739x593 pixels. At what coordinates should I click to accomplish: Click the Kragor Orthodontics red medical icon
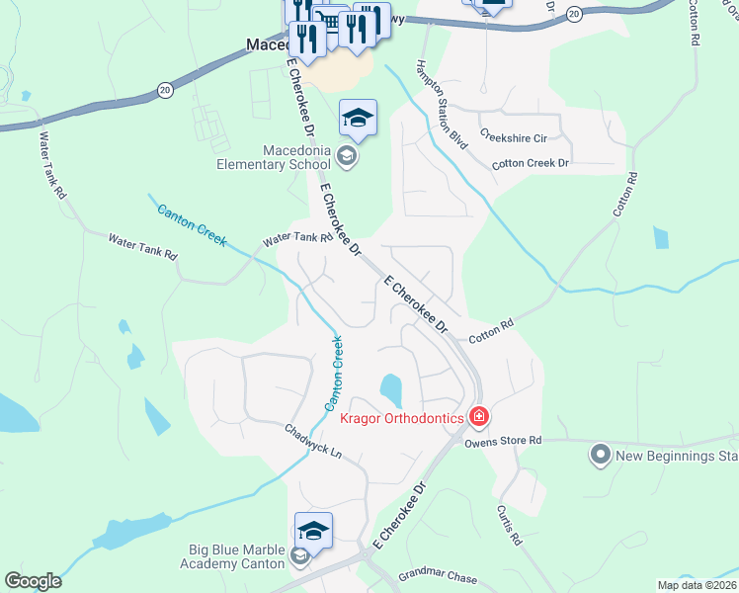tap(479, 417)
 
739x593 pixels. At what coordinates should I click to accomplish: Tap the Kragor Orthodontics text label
tap(402, 418)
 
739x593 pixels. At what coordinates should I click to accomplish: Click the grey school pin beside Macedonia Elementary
tap(346, 154)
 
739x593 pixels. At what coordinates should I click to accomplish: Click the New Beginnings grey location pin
tap(599, 456)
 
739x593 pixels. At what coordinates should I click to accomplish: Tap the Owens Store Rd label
tap(506, 441)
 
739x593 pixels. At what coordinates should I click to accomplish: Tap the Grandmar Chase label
tap(438, 577)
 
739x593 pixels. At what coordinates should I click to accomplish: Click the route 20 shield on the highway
tap(164, 91)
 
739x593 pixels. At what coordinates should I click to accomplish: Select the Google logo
tap(33, 581)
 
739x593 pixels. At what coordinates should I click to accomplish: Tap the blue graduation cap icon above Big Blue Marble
tap(313, 532)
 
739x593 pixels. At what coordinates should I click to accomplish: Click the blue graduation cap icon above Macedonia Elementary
tap(358, 120)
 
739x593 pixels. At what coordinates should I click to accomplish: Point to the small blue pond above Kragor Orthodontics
tap(391, 389)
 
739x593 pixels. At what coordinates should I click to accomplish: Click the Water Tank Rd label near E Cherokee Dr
tap(296, 239)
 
